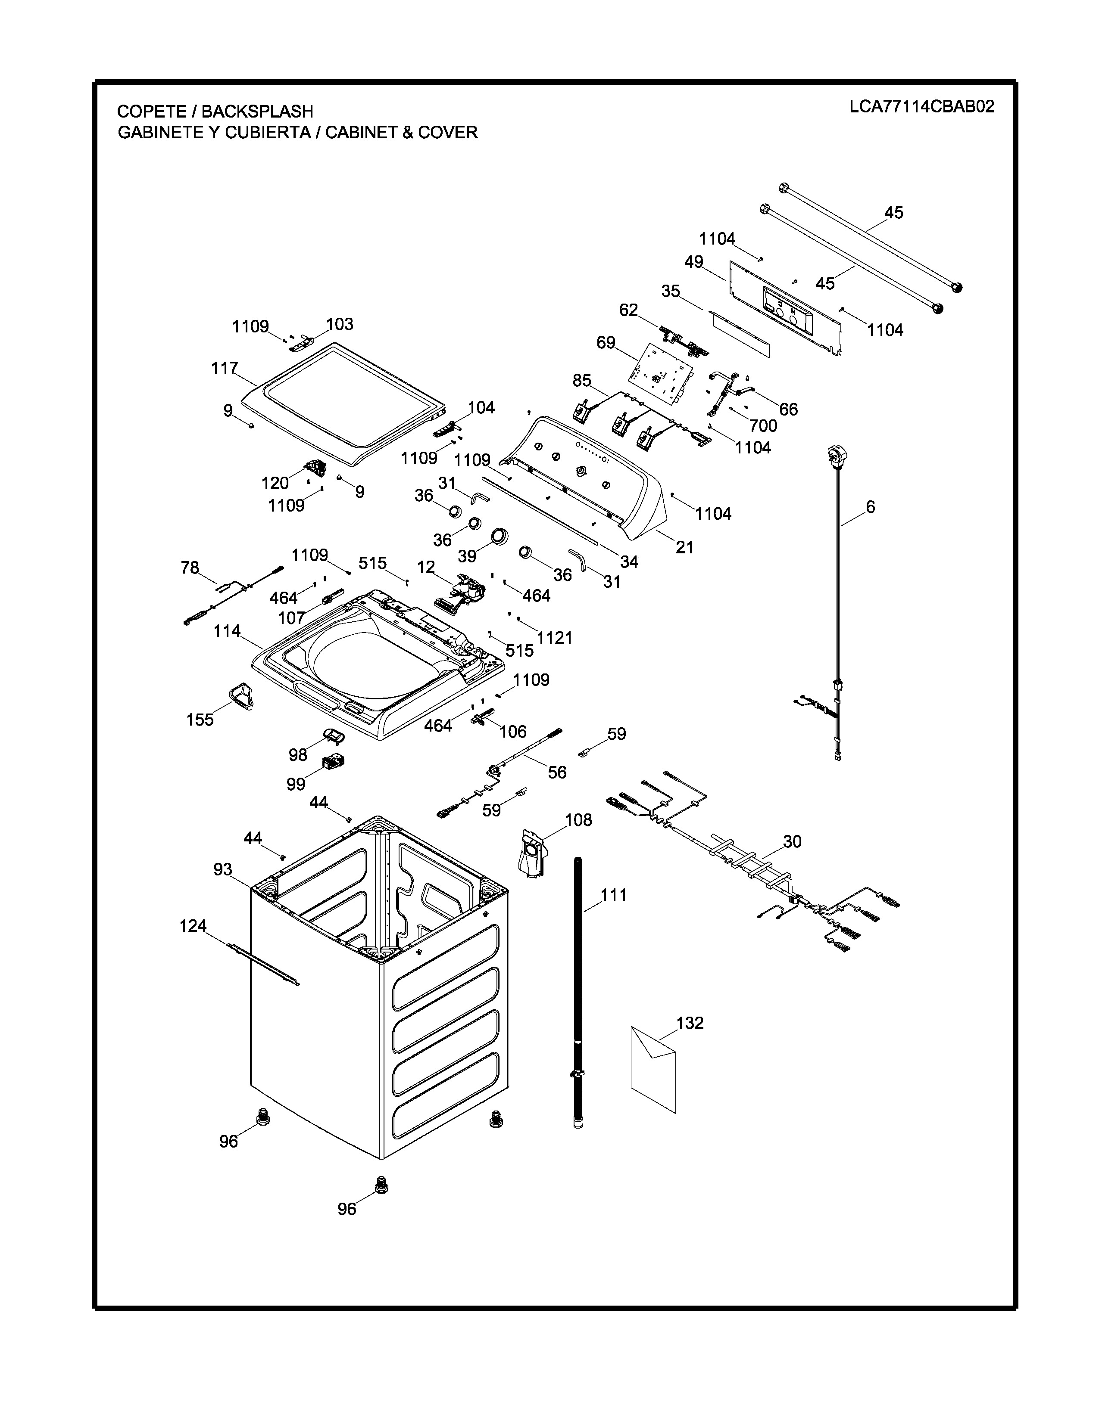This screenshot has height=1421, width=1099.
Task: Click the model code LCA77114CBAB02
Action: [921, 107]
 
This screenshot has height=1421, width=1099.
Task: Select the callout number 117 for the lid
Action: [224, 369]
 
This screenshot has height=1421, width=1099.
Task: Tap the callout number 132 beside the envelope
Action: [690, 1024]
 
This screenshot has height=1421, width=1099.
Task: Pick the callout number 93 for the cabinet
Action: [223, 869]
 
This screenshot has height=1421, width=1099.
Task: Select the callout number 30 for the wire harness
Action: [792, 842]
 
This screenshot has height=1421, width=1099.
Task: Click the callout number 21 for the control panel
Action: [684, 547]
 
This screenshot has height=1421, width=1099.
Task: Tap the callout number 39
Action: [467, 557]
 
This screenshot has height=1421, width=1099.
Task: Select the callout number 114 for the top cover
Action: [227, 631]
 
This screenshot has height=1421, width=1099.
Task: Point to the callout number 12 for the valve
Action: [426, 568]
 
